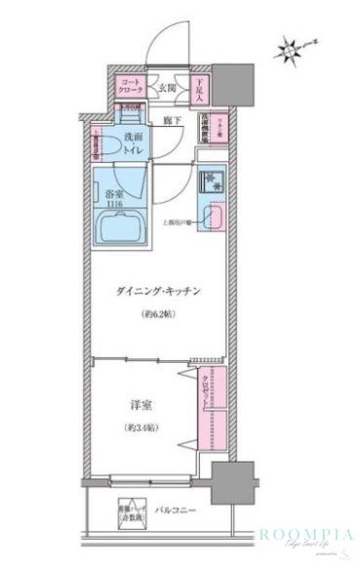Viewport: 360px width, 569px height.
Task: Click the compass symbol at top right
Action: coord(291,46)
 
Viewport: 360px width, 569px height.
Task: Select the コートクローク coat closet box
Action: coord(130,88)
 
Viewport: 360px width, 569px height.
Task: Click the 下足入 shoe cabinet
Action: coord(198,88)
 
